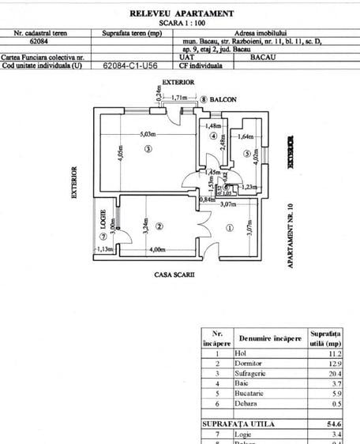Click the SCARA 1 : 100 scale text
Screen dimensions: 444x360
181,23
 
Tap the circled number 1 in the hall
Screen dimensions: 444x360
230,228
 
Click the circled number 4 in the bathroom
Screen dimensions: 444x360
212,136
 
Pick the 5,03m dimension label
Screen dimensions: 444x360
148,135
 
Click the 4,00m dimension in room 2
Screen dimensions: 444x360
156,250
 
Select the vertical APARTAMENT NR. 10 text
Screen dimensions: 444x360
291,237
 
